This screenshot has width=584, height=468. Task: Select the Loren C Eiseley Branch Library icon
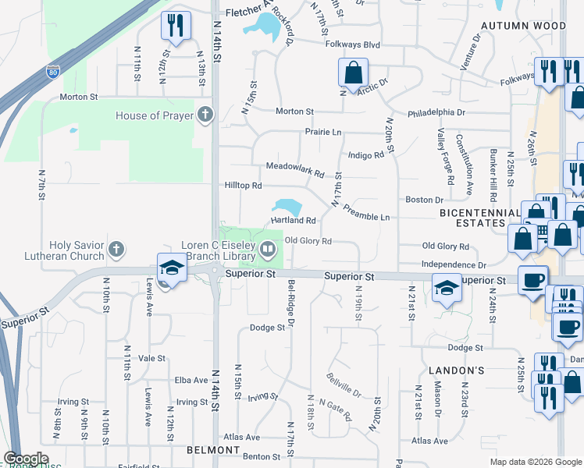point(268,250)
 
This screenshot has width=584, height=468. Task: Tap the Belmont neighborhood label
point(212,451)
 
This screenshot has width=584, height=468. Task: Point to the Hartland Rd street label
point(293,221)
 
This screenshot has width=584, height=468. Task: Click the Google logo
point(26,459)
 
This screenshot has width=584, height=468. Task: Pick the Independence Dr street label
point(454,265)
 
